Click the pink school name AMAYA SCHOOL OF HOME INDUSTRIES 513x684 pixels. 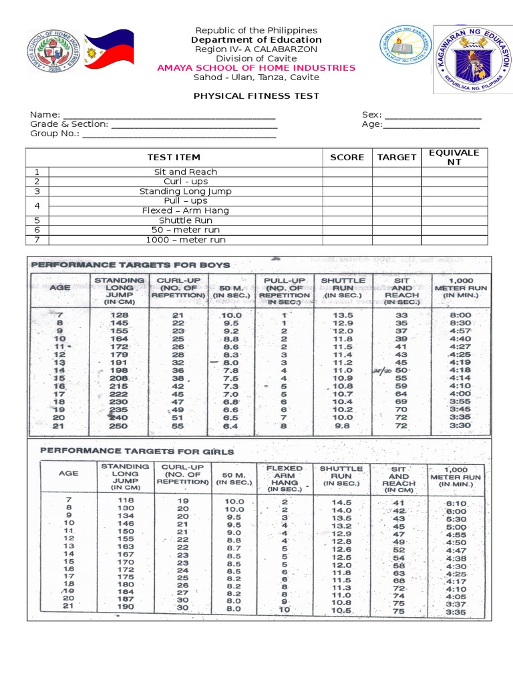point(256,67)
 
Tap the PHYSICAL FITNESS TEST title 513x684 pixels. point(256,96)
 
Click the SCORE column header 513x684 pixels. point(347,158)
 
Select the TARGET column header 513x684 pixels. point(396,158)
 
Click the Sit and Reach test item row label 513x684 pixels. point(186,172)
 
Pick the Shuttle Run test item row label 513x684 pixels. point(186,220)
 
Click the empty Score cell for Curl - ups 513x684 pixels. point(347,182)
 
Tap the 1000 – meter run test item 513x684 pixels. point(186,240)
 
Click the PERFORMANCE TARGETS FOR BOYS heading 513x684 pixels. point(130,265)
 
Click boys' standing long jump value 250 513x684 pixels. point(119,425)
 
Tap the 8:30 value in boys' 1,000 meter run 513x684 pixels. point(460,323)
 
